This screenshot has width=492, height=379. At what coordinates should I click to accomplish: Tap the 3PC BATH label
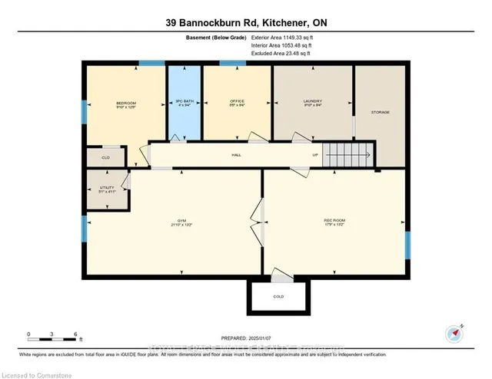(184, 102)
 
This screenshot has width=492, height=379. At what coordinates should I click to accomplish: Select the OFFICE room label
(237, 102)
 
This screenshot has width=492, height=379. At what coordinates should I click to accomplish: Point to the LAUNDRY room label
(311, 102)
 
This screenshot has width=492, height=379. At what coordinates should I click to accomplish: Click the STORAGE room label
(381, 113)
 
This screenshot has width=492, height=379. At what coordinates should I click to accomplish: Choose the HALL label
(237, 155)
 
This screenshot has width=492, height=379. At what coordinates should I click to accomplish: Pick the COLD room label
(278, 296)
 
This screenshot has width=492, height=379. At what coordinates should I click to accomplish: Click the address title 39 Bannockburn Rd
(245, 23)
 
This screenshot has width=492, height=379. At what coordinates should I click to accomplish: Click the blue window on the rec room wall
(408, 246)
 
